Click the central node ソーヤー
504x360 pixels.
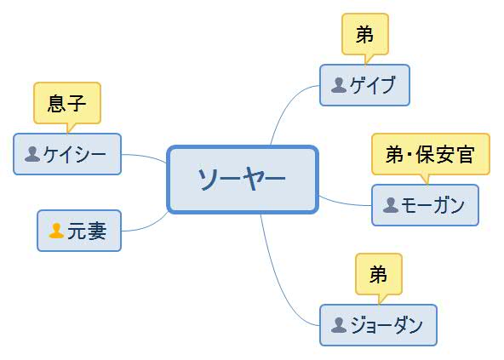[242, 179]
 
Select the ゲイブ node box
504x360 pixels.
[364, 85]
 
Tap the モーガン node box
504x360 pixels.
[425, 205]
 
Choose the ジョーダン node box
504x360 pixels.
[378, 325]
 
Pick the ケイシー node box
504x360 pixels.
[67, 154]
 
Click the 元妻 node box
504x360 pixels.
[79, 231]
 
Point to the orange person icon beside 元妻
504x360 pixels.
[56, 231]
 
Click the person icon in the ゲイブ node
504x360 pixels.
[339, 85]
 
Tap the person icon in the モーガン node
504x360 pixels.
[391, 205]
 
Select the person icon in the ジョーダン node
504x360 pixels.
[339, 325]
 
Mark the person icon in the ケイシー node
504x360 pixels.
[32, 154]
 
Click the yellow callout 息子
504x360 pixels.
[66, 103]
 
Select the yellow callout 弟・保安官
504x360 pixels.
[430, 154]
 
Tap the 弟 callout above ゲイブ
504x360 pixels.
[364, 34]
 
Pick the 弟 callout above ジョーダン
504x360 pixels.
[378, 274]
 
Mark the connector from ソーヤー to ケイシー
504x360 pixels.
[145, 157]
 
